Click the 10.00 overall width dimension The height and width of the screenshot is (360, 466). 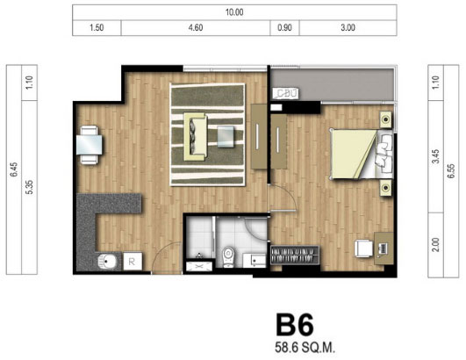coord(234,12)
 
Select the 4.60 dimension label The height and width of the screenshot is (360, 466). coord(196,27)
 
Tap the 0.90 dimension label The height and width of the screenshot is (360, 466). coord(284,27)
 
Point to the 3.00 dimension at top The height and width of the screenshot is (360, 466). coord(348,27)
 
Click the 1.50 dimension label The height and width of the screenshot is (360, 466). coord(97,27)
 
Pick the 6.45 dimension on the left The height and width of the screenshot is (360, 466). coord(14,169)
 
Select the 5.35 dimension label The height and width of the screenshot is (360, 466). coord(30,187)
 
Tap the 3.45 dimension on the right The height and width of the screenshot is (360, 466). coord(435,156)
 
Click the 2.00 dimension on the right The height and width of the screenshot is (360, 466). coord(435,245)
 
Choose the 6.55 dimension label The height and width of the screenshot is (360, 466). coord(451,171)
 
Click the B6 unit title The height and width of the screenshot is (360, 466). coord(295,325)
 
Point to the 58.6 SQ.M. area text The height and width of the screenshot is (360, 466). coord(305,348)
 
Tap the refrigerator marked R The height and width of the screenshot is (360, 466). coord(133,262)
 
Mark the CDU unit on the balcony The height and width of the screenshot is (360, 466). coord(286,93)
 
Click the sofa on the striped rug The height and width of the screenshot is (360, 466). coord(195,136)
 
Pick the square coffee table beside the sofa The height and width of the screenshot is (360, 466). coord(226,137)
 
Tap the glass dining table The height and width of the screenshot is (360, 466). coord(90,145)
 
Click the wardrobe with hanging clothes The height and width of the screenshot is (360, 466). coord(295,255)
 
